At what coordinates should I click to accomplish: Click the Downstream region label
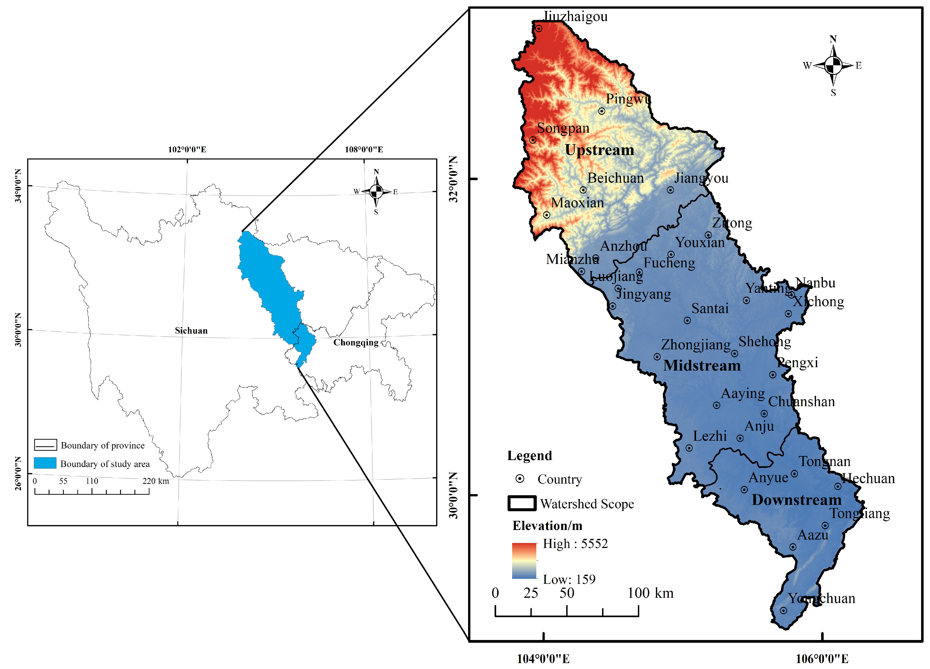coord(796,500)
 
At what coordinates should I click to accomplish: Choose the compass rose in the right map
coord(833,65)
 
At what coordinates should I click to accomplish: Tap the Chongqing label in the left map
coord(356,342)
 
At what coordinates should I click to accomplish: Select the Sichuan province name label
coord(191,331)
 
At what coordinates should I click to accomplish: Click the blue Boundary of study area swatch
coord(45,463)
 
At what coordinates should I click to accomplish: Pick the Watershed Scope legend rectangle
coord(521,503)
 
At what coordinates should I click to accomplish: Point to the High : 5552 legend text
coord(575,544)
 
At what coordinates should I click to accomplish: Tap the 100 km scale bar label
coord(650,593)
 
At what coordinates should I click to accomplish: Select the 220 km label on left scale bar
coord(155,481)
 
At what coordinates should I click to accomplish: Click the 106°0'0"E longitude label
coord(822,659)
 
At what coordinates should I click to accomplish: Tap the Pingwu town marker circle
coord(602,111)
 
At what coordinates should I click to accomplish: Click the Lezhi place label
coord(710,436)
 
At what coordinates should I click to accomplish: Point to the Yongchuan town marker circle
coord(783,610)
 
